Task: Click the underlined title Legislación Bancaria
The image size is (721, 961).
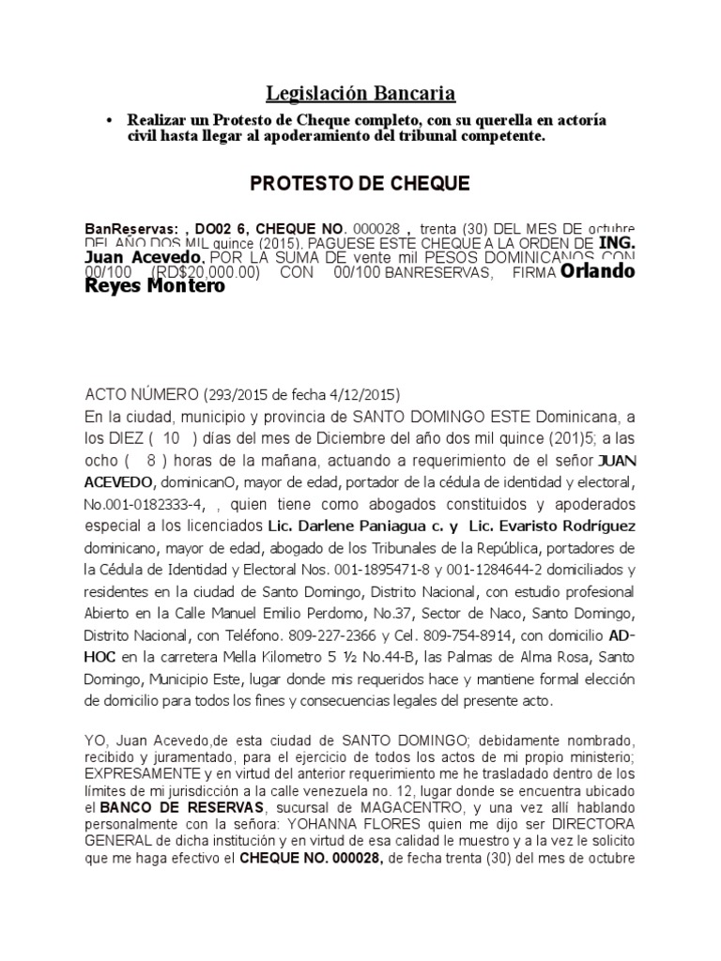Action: tap(360, 93)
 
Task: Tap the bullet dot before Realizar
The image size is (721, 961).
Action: tap(111, 122)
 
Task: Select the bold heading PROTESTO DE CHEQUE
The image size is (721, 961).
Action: tap(360, 183)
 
